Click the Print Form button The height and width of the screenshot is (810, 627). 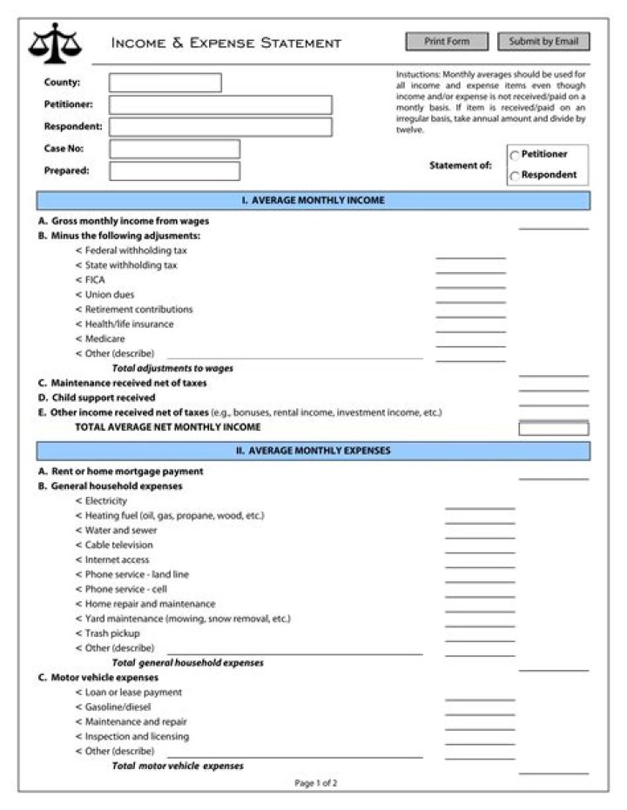pos(447,42)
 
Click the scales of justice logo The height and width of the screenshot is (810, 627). pos(55,43)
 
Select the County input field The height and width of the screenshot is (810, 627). pos(165,83)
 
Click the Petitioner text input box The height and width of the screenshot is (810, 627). pos(220,105)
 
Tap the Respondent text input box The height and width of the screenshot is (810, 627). pos(220,127)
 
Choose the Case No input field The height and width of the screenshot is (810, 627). pos(174,149)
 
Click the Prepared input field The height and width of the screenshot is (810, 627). pos(174,171)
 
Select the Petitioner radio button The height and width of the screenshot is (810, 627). pos(515,156)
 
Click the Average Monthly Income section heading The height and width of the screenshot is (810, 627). pos(313,201)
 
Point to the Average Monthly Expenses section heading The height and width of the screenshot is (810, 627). pos(313,452)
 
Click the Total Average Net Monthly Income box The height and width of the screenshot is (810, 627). pos(553,428)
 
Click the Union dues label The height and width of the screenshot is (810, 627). pos(109,295)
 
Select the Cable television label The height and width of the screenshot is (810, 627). pos(118,546)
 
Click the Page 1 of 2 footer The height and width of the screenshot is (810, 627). pos(315,783)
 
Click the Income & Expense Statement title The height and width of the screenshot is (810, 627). pos(226,43)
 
